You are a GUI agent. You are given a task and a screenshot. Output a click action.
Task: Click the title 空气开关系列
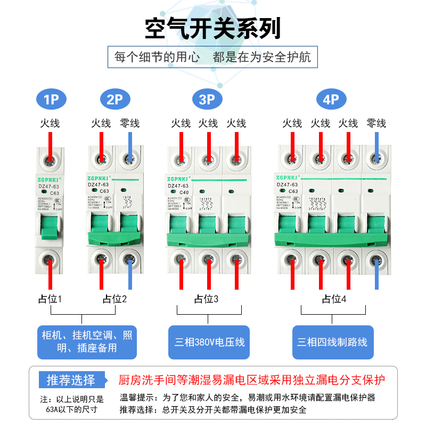coord(212,28)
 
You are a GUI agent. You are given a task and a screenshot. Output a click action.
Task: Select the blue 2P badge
coord(114,99)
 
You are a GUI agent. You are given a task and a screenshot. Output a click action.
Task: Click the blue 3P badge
coord(207,99)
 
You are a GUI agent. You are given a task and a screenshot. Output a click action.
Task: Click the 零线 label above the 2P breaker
coord(129,123)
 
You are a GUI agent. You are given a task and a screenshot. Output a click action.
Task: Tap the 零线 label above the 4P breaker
coord(376,123)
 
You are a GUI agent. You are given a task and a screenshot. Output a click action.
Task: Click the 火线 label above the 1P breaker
coord(50,123)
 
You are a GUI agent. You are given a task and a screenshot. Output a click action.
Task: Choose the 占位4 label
coord(334,299)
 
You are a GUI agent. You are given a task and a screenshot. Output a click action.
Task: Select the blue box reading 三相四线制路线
coord(332,342)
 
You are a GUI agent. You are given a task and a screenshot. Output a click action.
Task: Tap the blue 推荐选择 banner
coord(71,380)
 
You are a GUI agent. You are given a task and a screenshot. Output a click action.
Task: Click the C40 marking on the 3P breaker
coord(184,192)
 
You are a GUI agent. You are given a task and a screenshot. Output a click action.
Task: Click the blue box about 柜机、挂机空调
coord(87,342)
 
